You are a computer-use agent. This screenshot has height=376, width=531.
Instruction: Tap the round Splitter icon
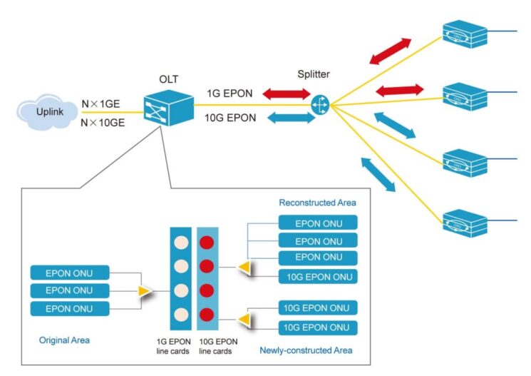pos(320,106)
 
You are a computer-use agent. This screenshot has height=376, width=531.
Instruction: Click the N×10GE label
pos(103,122)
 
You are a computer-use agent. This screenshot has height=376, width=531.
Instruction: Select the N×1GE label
pos(100,104)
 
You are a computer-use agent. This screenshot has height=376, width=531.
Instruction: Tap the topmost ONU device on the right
pos(464,32)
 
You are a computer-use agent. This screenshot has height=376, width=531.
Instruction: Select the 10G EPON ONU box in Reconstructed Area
pos(317,276)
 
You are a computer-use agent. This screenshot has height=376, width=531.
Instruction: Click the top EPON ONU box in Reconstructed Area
pos(317,223)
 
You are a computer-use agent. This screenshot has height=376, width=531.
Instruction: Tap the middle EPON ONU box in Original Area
pos(71,290)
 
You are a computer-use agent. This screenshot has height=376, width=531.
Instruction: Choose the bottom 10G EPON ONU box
pos(317,327)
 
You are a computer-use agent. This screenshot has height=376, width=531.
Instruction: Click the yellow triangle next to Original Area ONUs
pos(145,291)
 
